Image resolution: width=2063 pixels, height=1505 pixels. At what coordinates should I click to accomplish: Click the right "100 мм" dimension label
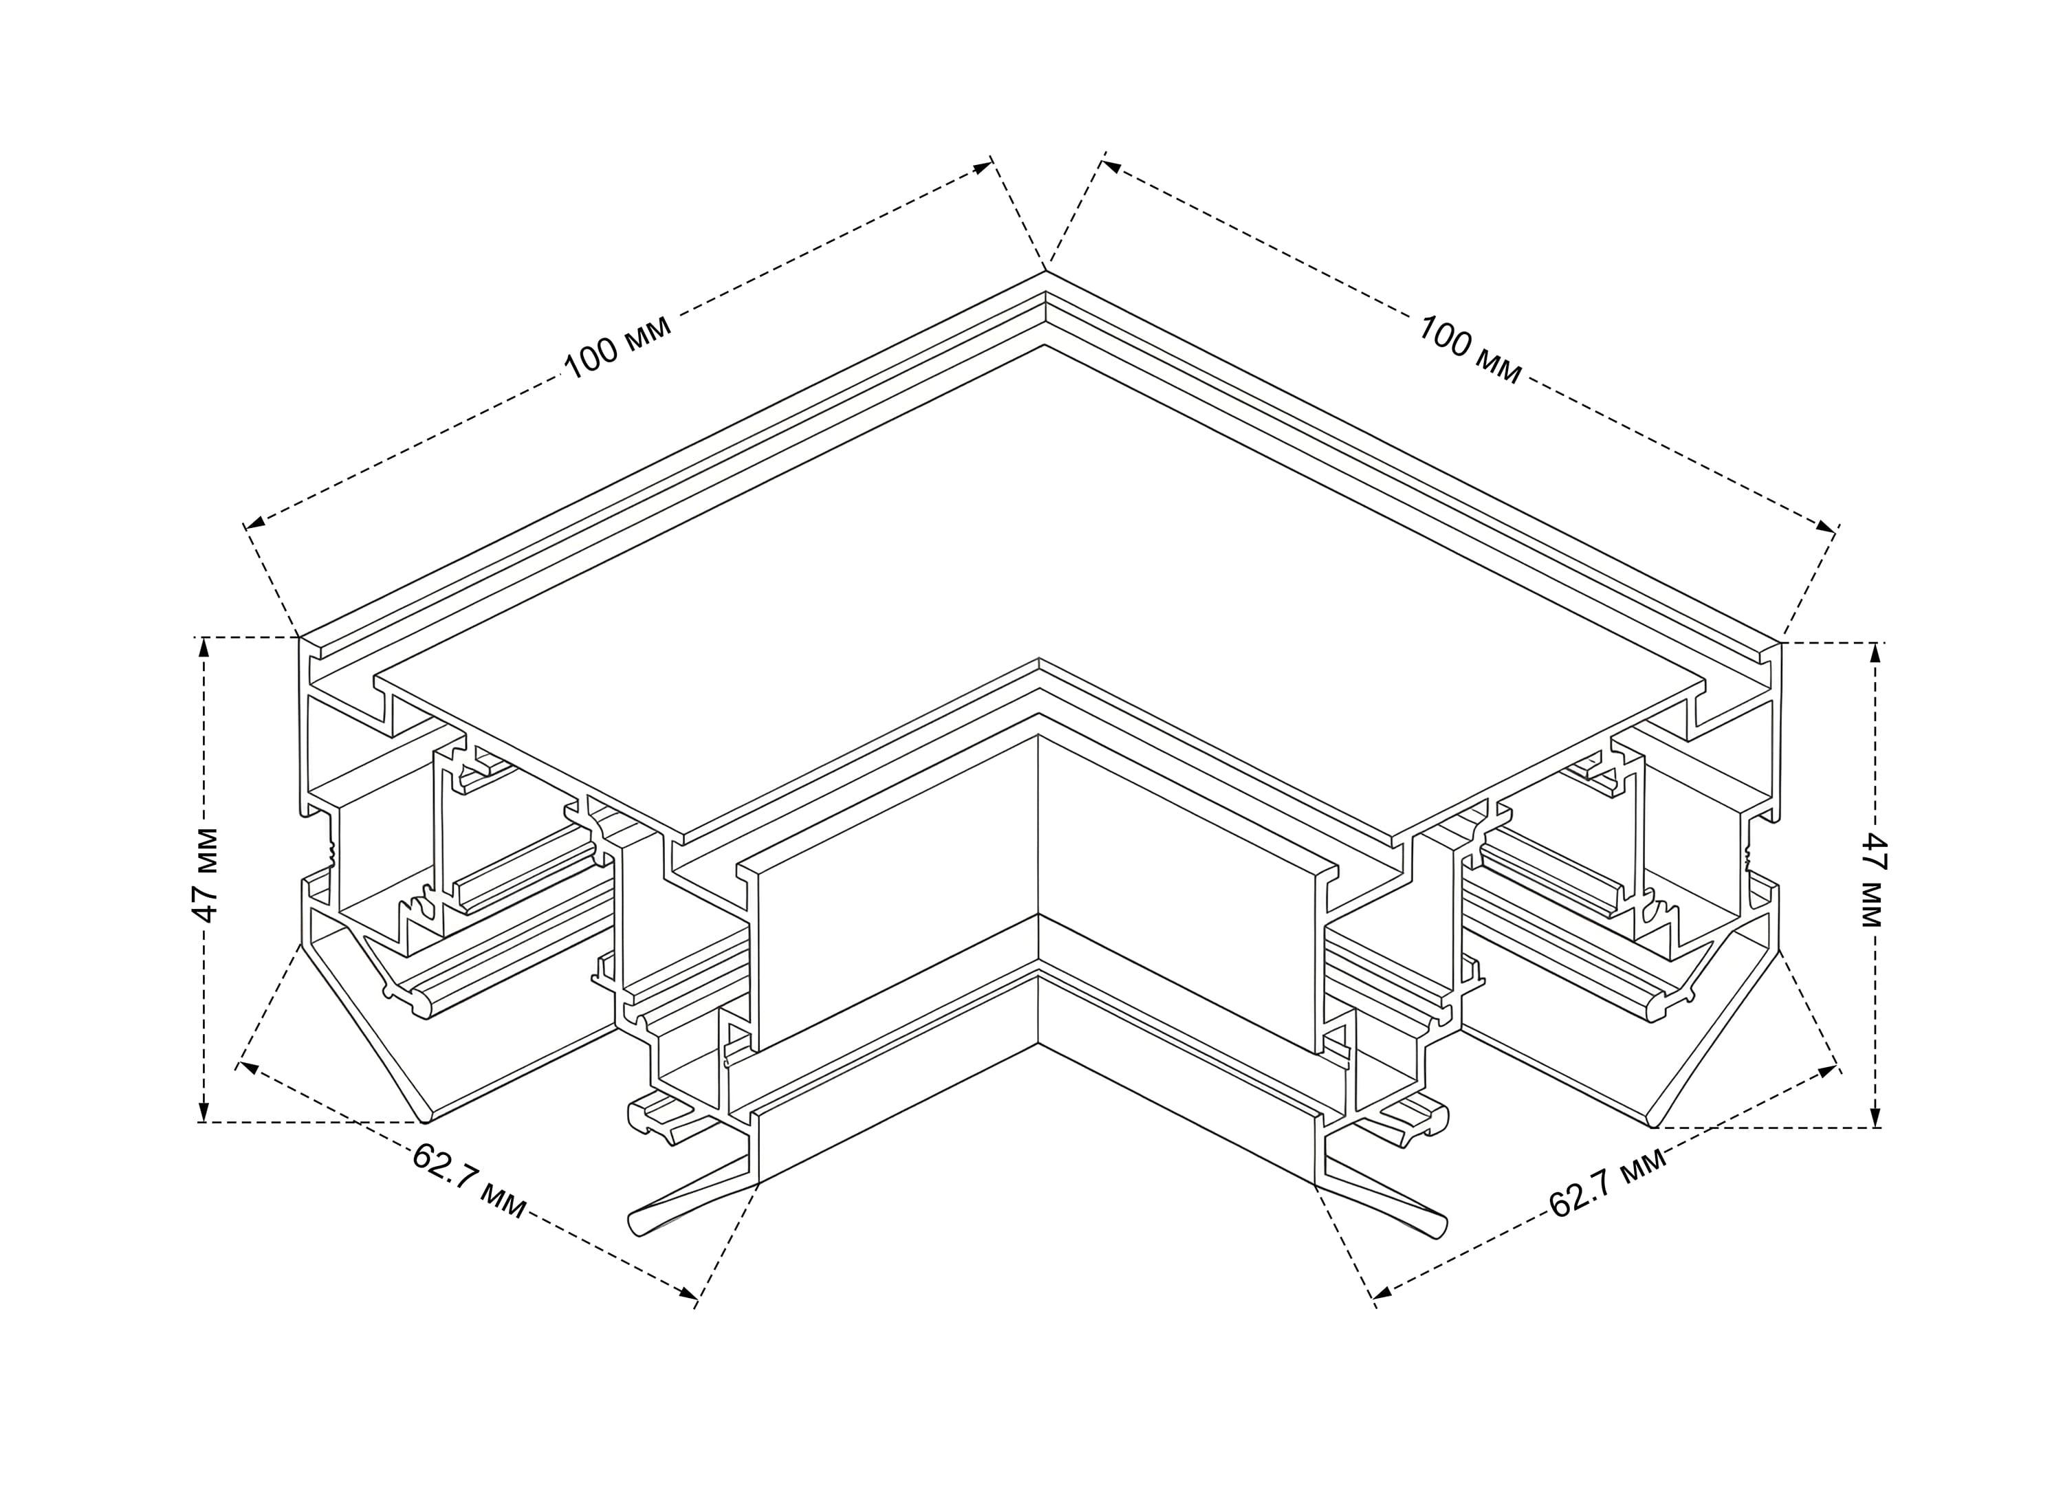[x=1469, y=350]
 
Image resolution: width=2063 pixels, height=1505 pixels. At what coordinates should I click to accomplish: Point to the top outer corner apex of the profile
[x=1045, y=271]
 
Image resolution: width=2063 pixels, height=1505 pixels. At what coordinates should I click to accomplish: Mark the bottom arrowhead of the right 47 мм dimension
[x=1875, y=1117]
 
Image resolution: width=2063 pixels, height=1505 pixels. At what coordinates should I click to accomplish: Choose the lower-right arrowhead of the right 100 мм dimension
[x=1826, y=527]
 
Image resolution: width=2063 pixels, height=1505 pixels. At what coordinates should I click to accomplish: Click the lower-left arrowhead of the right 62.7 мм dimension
[x=1383, y=1292]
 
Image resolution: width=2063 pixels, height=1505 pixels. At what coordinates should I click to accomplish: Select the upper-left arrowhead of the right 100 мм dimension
[x=1111, y=166]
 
